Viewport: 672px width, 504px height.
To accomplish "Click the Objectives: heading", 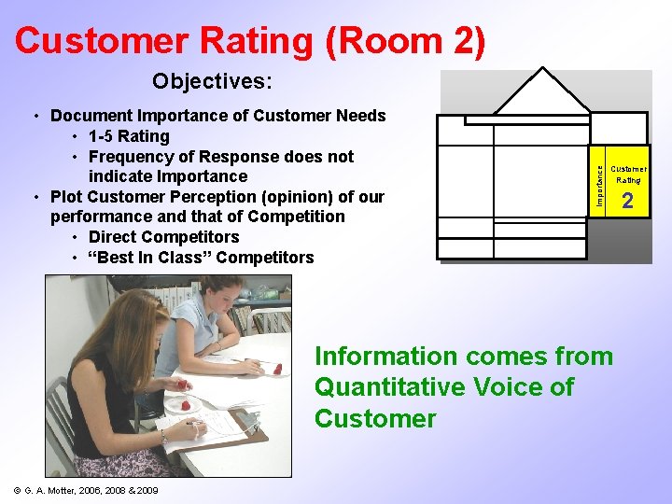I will click(x=213, y=82).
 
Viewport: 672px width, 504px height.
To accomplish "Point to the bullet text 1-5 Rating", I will click(x=131, y=136).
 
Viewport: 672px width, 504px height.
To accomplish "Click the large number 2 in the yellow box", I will click(x=627, y=201).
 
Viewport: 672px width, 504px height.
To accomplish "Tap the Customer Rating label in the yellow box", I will click(x=627, y=175).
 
